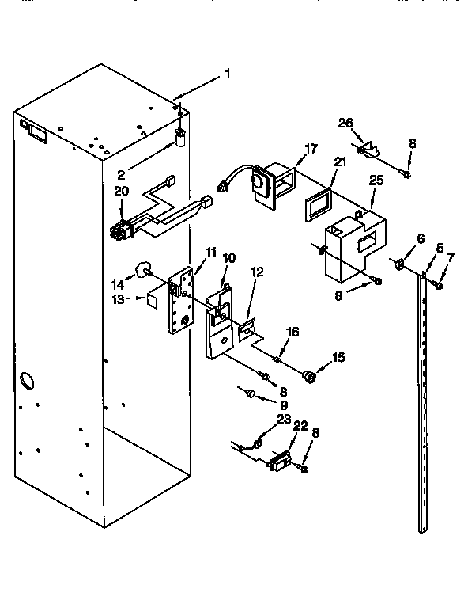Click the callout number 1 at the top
[x=228, y=74]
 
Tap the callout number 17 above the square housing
[x=310, y=147]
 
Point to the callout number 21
[x=340, y=161]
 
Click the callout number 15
[x=338, y=358]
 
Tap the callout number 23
[x=284, y=420]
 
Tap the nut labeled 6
[x=400, y=264]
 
